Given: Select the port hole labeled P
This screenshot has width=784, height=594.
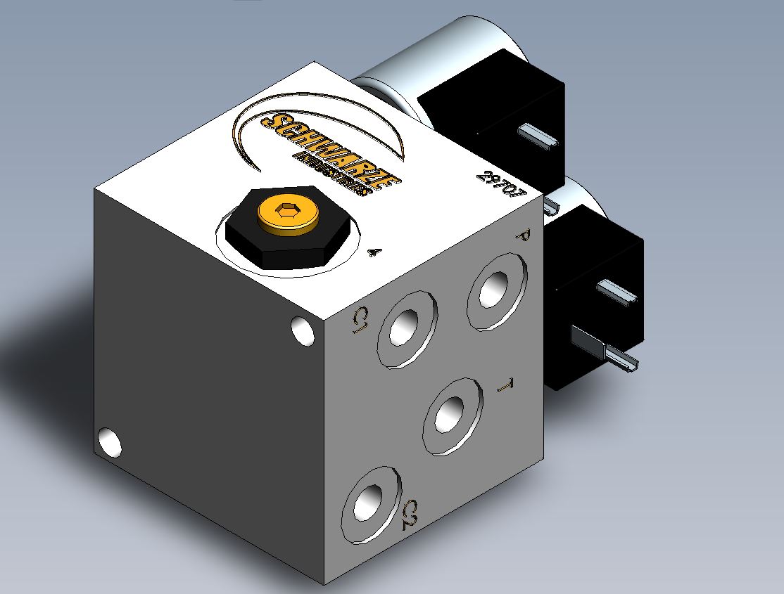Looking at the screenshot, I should pos(495,290).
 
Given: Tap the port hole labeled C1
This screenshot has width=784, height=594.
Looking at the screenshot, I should pos(407,328).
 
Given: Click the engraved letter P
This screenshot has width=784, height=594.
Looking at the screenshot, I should pos(521,236).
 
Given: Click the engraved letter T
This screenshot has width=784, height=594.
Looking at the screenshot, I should pos(504,386).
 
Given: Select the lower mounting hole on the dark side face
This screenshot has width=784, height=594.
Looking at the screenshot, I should pos(110,442).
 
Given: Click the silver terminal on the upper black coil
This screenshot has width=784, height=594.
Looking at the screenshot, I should pos(538,134).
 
